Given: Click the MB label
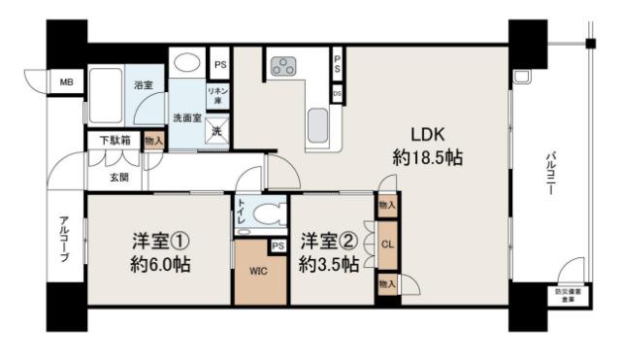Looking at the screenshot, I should [x=67, y=83].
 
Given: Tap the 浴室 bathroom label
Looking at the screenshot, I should [x=144, y=85].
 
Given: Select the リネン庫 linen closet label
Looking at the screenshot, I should [x=217, y=94].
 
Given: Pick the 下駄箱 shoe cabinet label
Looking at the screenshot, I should [x=114, y=140].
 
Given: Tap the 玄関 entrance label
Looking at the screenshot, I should [x=118, y=177].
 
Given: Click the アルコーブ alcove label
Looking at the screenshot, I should [x=63, y=238].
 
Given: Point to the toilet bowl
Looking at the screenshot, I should [x=266, y=211].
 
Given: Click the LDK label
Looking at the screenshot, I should [x=426, y=135].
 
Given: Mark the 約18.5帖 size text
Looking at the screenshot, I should [x=427, y=158].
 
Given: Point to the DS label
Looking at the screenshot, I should [x=337, y=93].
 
